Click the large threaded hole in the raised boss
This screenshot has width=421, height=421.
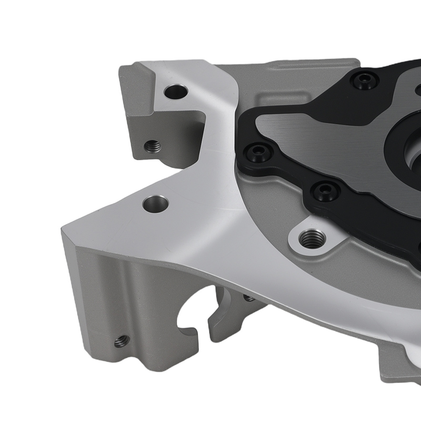pyautogui.click(x=311, y=239)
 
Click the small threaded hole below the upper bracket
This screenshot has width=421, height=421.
pyautogui.click(x=152, y=146)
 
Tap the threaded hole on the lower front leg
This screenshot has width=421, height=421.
pyautogui.click(x=122, y=341)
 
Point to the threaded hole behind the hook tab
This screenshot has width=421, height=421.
pyautogui.click(x=249, y=298)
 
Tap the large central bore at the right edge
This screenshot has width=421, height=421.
pyautogui.click(x=410, y=156)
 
